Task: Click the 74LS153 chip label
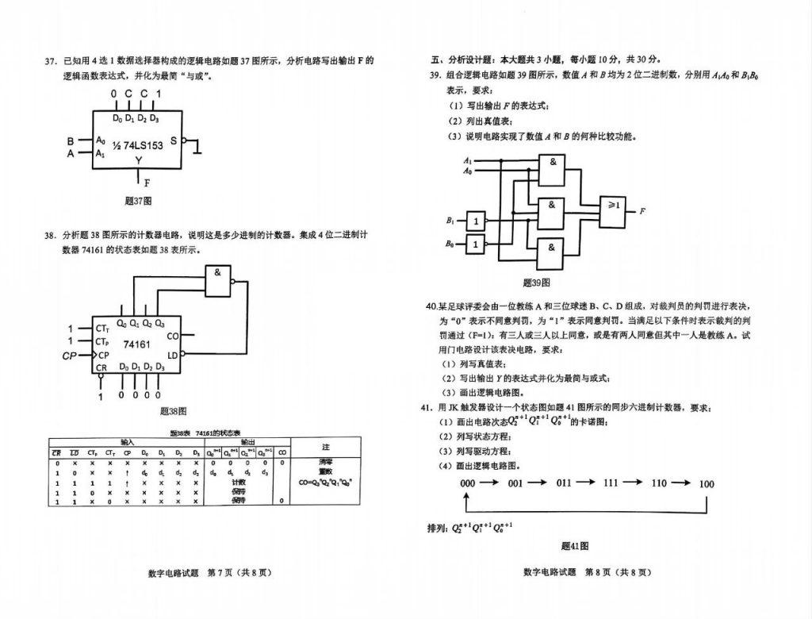(x=140, y=145)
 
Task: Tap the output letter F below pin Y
(x=147, y=183)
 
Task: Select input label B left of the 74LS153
(x=71, y=142)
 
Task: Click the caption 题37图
(x=138, y=202)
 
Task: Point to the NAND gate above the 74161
(x=219, y=278)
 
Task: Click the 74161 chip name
(x=136, y=344)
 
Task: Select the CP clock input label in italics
(x=70, y=356)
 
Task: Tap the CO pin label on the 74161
(x=174, y=336)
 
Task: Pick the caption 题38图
(x=172, y=411)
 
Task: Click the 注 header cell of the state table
(x=325, y=447)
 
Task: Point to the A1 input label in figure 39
(x=468, y=161)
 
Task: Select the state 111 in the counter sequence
(x=611, y=483)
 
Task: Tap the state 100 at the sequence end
(x=706, y=483)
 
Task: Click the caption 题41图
(x=575, y=546)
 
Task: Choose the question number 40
(x=432, y=306)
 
